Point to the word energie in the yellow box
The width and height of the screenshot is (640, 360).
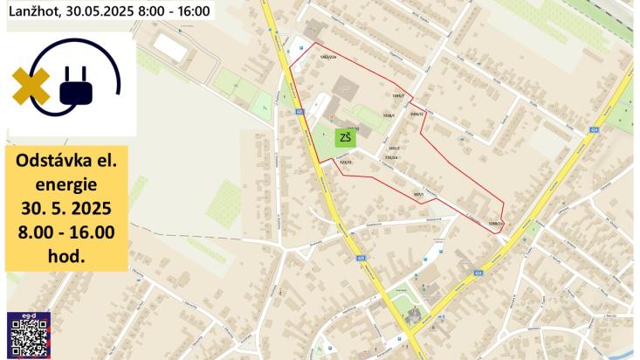click(65, 186)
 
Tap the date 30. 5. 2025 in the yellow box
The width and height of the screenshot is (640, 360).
click(65, 210)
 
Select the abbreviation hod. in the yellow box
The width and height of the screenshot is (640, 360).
click(66, 256)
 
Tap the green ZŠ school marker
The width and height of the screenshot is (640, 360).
click(346, 138)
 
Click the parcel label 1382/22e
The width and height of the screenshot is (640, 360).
click(328, 58)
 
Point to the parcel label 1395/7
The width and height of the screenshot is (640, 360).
click(398, 96)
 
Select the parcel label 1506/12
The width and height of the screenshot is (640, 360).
click(416, 114)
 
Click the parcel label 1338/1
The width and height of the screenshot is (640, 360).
click(389, 114)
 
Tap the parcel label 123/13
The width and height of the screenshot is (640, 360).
click(346, 162)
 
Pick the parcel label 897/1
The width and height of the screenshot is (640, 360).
click(418, 194)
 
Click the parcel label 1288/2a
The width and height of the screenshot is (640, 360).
click(497, 224)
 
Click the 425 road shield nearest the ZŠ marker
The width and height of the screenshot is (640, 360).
click(299, 112)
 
